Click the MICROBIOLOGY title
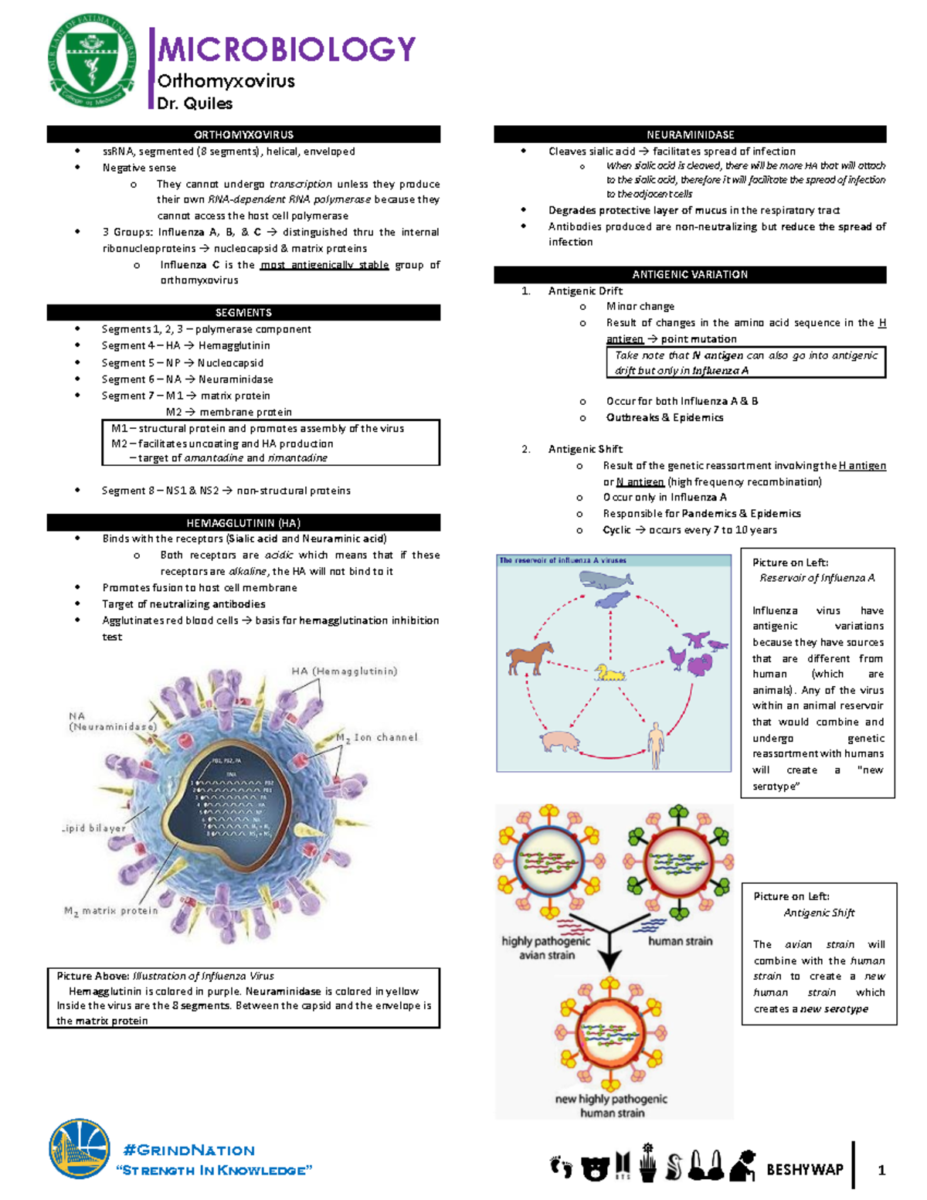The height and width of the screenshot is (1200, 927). pos(287,49)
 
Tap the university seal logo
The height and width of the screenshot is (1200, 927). pos(92,61)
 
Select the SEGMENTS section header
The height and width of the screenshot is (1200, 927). pos(243,312)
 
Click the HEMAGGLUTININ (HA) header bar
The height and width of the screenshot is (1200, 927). pos(243,522)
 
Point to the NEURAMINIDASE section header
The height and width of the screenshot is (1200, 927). pos(690,134)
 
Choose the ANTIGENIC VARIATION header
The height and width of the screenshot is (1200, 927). pos(690,274)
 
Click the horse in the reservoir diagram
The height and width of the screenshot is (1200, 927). pos(529,657)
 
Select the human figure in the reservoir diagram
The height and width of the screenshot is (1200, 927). pos(656,744)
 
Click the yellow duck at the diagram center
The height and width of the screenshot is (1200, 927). pos(610,672)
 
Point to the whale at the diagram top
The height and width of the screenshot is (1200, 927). pos(606,580)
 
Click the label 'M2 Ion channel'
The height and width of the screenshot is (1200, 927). pos(377,738)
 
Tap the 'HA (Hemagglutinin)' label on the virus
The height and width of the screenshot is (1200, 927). pos(344,671)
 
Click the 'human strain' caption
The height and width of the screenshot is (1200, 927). pos(680,941)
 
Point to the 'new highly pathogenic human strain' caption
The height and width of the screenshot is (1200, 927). pos(611,1106)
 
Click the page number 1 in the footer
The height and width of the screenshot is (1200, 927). pos(881,1170)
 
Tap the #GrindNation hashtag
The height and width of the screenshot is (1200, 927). pos(188,1150)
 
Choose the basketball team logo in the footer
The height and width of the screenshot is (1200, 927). pos(80,1151)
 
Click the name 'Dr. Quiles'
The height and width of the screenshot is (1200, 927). pos(195,104)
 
